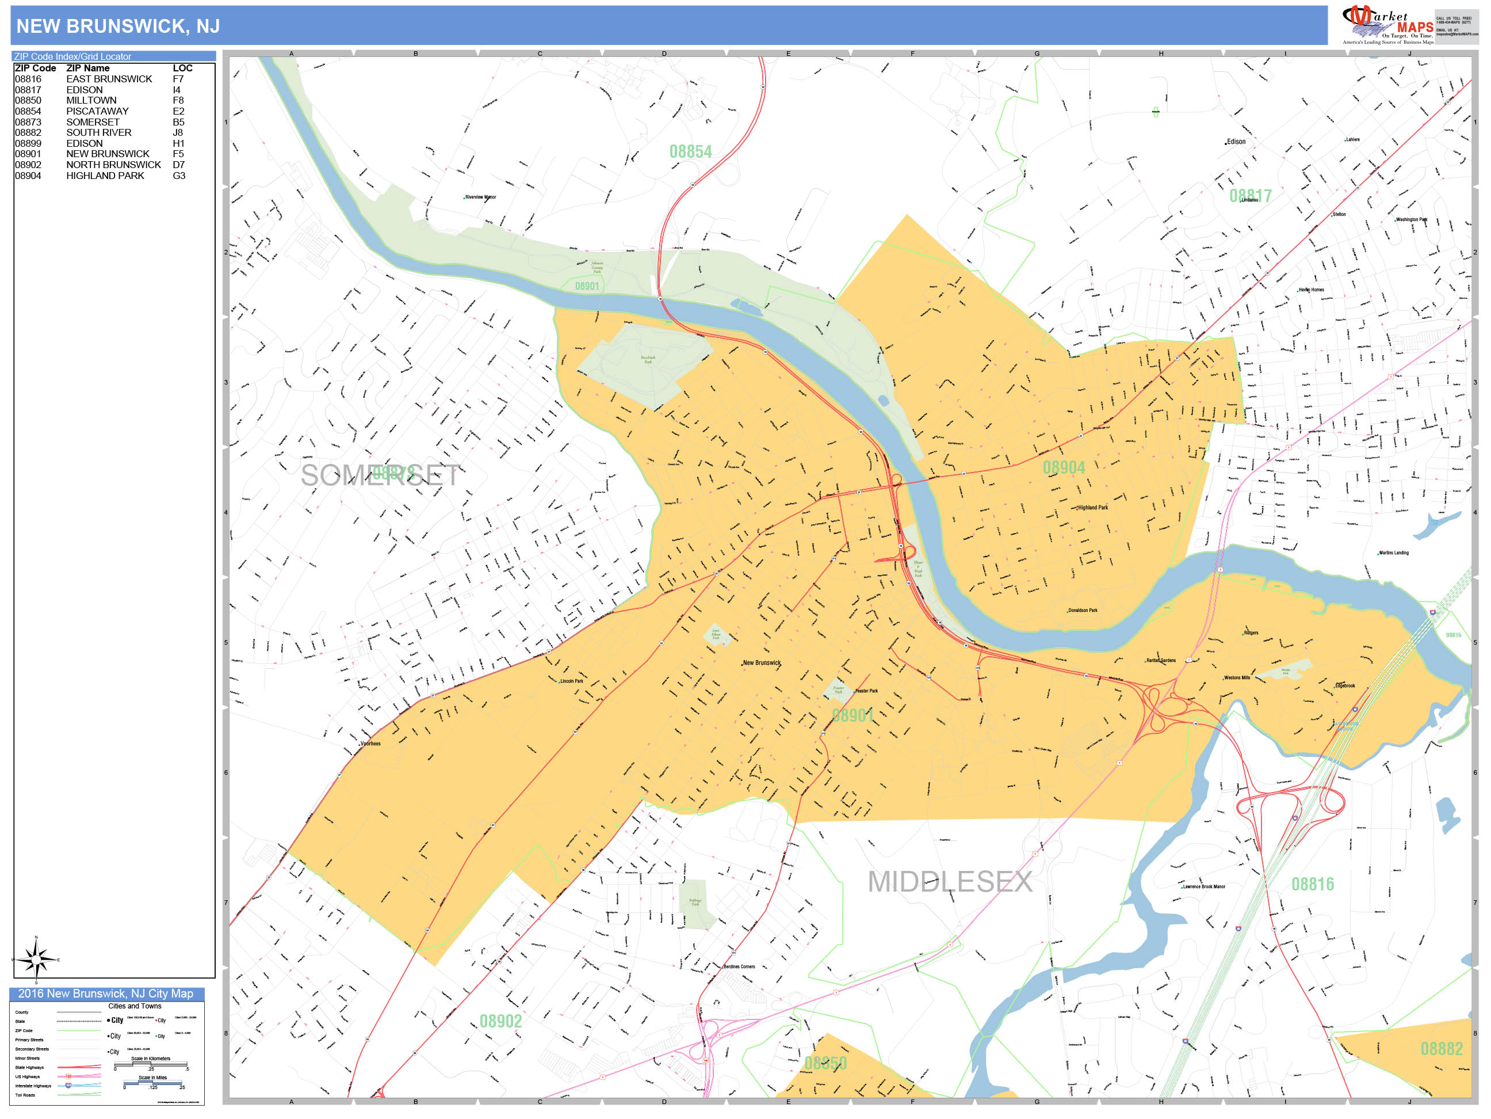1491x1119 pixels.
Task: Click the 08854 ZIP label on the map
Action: click(x=690, y=152)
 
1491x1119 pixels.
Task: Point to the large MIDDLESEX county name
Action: click(x=950, y=882)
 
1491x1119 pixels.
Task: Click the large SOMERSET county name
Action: click(x=380, y=476)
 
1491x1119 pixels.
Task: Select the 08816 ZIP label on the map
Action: click(x=1312, y=884)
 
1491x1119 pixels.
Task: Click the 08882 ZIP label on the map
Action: click(x=1441, y=1049)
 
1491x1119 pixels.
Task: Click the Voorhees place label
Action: click(x=370, y=744)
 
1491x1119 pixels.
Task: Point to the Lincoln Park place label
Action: click(x=571, y=682)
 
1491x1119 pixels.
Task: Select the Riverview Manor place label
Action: click(x=480, y=197)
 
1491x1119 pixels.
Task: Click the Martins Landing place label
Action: click(x=1393, y=553)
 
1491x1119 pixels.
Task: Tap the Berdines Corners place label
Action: click(x=739, y=966)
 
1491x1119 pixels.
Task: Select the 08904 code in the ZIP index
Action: click(x=28, y=176)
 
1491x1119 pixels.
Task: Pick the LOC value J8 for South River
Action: click(x=177, y=133)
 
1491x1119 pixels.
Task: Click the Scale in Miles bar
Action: click(x=153, y=1083)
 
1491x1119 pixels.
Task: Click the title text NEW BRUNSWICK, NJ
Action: click(x=118, y=26)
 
